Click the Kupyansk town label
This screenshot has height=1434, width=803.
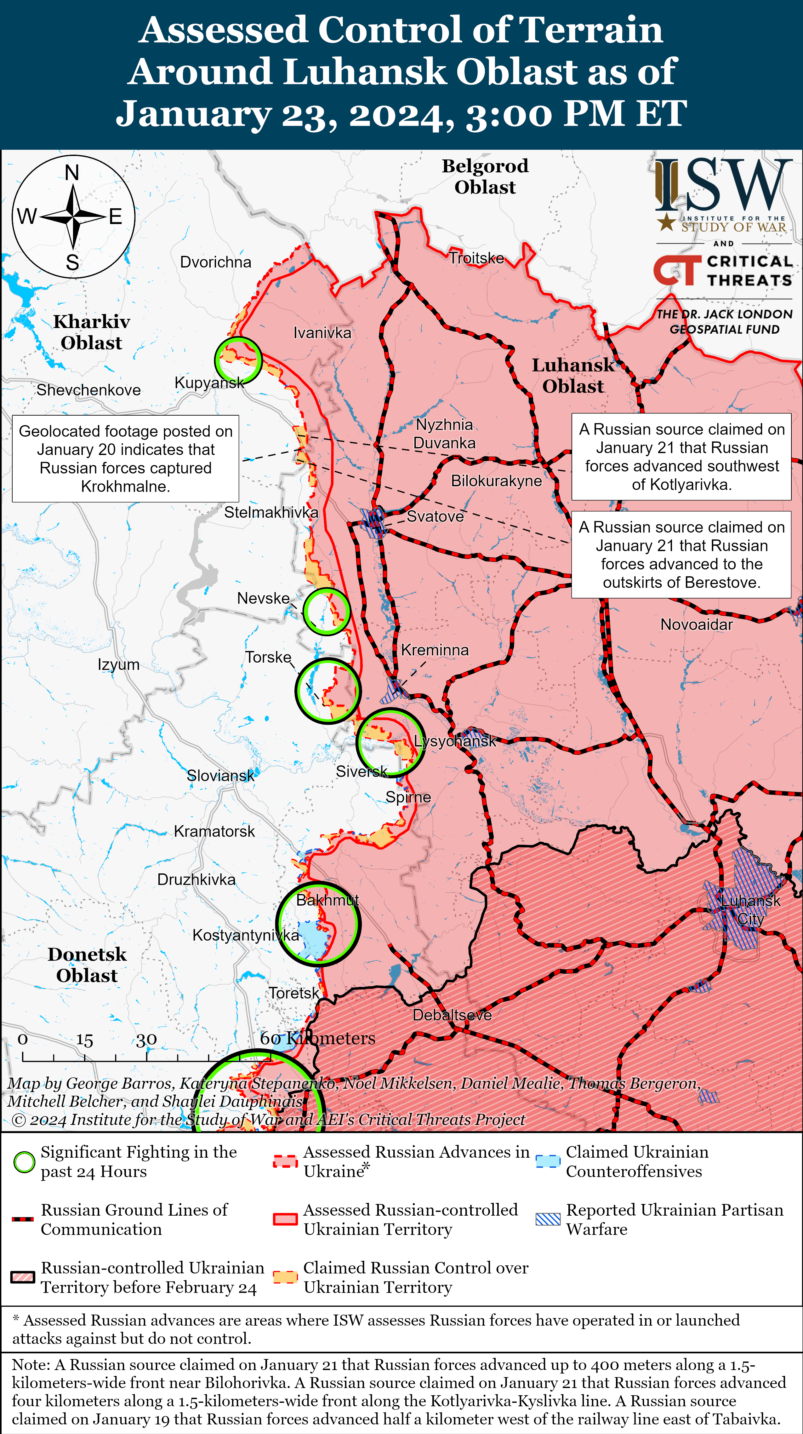[209, 383]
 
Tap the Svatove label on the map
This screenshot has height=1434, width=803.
[435, 516]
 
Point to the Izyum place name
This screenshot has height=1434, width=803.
[118, 665]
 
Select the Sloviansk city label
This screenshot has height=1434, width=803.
[220, 775]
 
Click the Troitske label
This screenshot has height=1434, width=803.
[476, 258]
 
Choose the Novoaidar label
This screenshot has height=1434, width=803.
[696, 625]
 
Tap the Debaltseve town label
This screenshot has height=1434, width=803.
[452, 1015]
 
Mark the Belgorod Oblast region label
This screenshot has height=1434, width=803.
[485, 176]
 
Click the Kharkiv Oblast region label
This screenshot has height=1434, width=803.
[91, 332]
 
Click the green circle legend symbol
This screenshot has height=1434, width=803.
[24, 1162]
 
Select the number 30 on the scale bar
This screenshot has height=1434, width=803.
[146, 1039]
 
